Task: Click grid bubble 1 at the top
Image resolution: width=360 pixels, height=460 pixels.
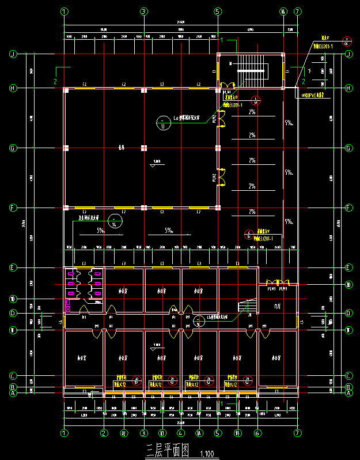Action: pos(64,11)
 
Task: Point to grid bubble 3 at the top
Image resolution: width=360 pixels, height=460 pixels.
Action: pos(143,11)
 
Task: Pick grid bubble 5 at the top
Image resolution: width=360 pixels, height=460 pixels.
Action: pos(218,11)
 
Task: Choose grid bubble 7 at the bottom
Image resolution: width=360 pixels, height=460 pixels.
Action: pos(297,433)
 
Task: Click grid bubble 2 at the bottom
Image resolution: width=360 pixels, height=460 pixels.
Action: pos(104,433)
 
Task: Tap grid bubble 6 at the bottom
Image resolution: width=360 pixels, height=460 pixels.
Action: pos(257,433)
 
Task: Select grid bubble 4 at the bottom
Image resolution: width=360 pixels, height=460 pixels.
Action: pos(181,433)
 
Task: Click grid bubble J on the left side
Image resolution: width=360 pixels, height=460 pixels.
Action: pos(12,54)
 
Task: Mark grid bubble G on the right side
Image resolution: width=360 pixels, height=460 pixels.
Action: pos(348,148)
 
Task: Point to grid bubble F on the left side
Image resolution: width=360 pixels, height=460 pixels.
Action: pos(12,207)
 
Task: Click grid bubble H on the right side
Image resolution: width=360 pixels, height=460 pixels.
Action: pos(348,88)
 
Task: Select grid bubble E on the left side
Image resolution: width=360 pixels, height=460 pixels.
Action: pos(12,267)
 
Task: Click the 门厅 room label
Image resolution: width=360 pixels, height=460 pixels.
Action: pos(277,307)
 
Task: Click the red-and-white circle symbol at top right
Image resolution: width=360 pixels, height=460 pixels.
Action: pos(346,42)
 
